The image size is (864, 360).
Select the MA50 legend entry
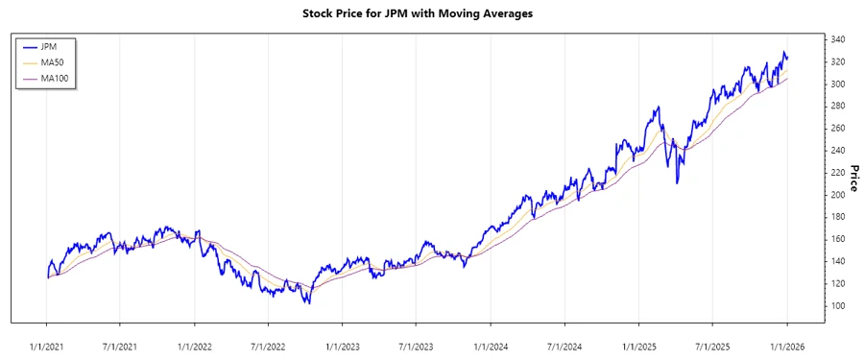click(52, 62)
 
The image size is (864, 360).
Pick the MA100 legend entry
click(54, 79)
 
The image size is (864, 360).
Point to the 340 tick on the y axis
click(837, 39)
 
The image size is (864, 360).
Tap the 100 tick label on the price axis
click(837, 305)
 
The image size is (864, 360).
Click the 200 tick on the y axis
click(837, 195)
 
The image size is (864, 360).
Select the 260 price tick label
click(837, 128)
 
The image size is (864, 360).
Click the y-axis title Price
click(852, 179)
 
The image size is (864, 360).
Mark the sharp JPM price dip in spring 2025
click(678, 182)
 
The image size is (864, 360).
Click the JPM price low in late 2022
click(307, 303)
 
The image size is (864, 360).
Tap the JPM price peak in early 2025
click(659, 108)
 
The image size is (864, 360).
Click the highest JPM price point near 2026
click(784, 52)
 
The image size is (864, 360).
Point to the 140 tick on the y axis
click(837, 261)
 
